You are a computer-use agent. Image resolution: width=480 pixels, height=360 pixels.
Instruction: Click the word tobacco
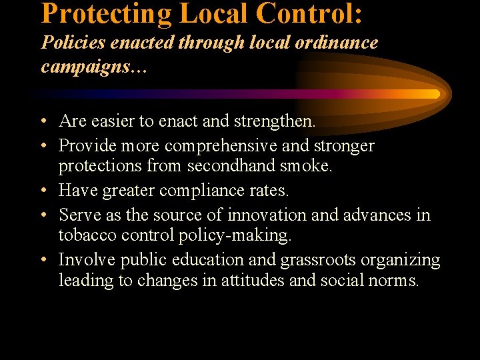(x=87, y=235)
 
